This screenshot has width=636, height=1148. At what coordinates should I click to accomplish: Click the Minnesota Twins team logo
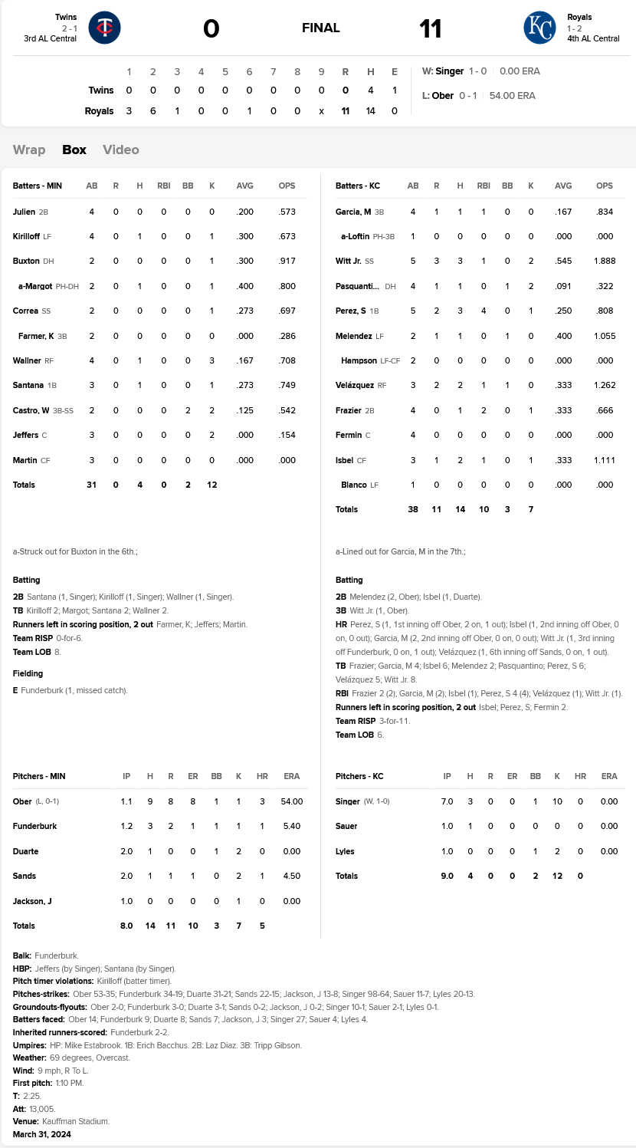pos(104,28)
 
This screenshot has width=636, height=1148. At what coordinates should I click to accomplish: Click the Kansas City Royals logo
pos(539,28)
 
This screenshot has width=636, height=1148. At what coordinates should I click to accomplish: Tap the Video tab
pos(121,150)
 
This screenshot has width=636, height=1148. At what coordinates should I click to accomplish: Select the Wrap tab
pos(29,150)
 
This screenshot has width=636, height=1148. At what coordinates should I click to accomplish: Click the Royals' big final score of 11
pos(430,29)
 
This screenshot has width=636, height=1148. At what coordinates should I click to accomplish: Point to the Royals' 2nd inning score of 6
pos(152,110)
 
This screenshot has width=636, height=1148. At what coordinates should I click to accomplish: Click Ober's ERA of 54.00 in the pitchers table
pos(292,801)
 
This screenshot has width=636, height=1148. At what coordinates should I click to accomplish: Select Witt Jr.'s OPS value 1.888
pos(605,261)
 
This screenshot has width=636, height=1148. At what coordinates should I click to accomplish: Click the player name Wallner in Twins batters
pos(26,360)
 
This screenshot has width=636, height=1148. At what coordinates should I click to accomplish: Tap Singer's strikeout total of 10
pos(557,801)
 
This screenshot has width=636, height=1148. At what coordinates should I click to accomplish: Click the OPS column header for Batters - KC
pos(605,186)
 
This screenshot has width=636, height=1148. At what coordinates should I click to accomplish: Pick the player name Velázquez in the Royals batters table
pos(355,385)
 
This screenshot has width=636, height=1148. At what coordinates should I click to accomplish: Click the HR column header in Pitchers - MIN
pos(262,776)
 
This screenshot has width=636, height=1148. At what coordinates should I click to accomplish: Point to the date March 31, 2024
pos(42,1134)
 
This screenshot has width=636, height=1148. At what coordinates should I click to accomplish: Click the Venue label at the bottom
pos(25,1121)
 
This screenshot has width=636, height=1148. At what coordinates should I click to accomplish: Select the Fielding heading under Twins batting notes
pos(28,673)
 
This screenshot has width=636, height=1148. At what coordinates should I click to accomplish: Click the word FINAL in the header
pos(321,28)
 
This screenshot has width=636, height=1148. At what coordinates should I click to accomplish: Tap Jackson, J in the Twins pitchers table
pos(32,901)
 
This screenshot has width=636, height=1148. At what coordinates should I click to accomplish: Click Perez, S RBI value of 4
pos(484,311)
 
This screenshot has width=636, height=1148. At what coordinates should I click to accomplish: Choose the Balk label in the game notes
pos(23,956)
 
